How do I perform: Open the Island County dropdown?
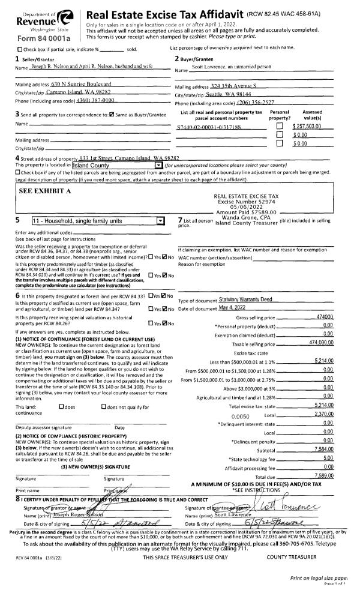(158, 164)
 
